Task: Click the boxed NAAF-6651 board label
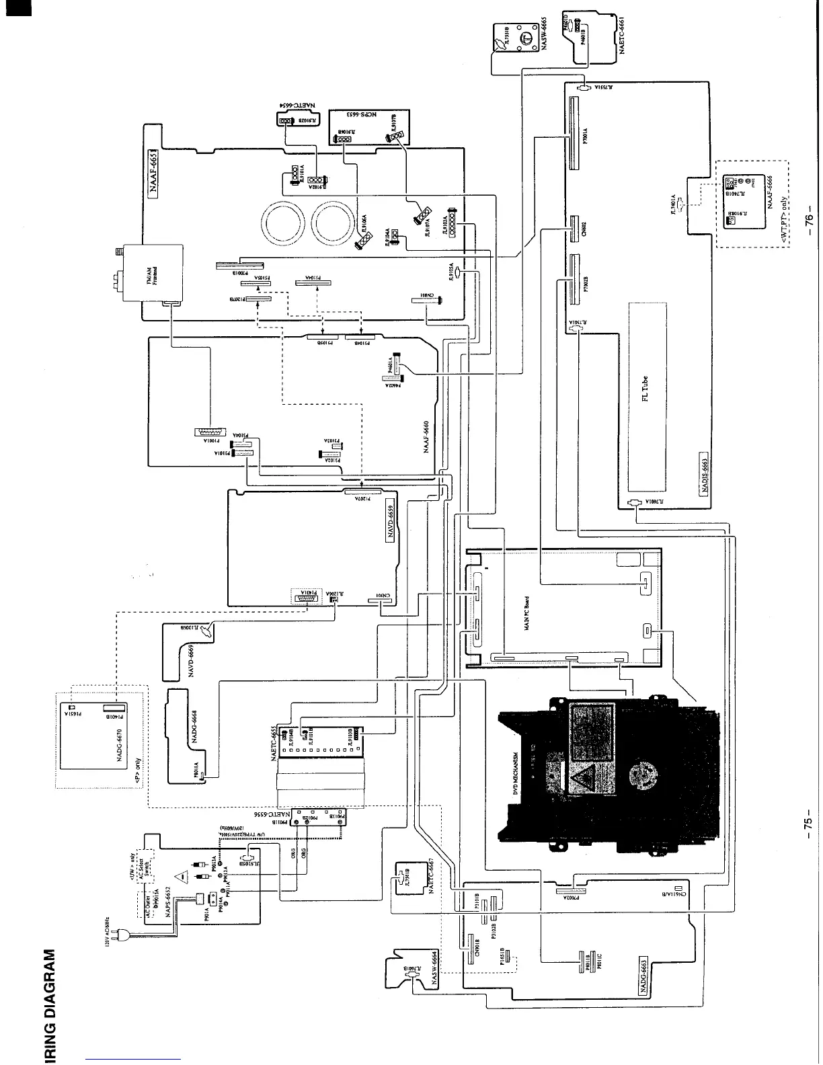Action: tap(153, 171)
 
